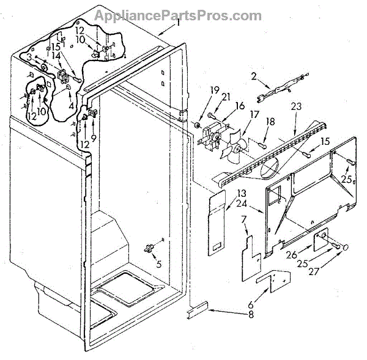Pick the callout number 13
pos(226,193)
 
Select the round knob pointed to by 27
pos(344,248)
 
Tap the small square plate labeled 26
pos(320,241)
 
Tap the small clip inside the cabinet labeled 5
pos(147,248)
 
